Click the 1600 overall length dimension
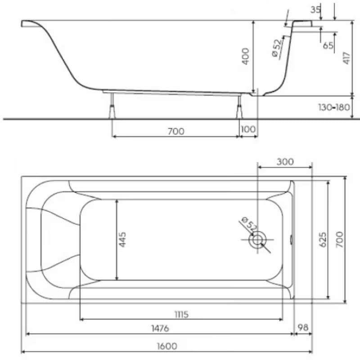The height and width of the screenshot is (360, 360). tap(167, 346)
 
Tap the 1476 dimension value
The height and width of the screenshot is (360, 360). tap(160, 328)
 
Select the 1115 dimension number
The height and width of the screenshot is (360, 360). tap(182, 314)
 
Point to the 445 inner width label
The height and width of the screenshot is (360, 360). tap(122, 240)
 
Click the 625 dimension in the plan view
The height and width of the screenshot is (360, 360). tap(323, 240)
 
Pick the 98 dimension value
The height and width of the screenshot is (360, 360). tap(303, 328)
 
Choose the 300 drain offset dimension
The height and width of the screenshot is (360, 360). tap(285, 162)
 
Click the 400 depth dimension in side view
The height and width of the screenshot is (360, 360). tap(245, 56)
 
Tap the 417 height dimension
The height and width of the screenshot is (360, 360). tap(346, 58)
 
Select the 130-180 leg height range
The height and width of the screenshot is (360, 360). tap(334, 107)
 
